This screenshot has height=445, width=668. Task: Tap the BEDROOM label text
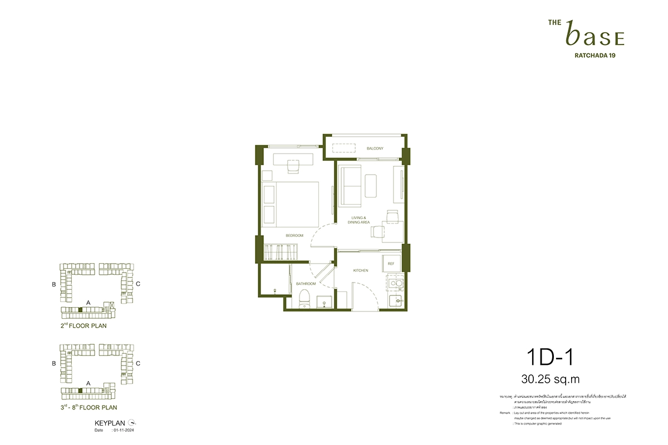tap(294, 235)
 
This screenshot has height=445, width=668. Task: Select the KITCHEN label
tap(361, 270)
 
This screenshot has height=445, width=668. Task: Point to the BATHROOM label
tap(306, 284)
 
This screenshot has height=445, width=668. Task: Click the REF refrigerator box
tap(391, 264)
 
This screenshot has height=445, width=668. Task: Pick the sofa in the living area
tap(349, 185)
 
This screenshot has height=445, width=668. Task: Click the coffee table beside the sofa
tap(372, 185)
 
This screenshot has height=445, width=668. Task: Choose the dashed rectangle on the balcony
tap(345, 149)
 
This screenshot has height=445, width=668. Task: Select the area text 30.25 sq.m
tap(551, 379)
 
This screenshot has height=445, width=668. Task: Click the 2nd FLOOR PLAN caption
tap(83, 326)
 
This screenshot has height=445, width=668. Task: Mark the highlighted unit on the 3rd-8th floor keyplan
tap(81, 391)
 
